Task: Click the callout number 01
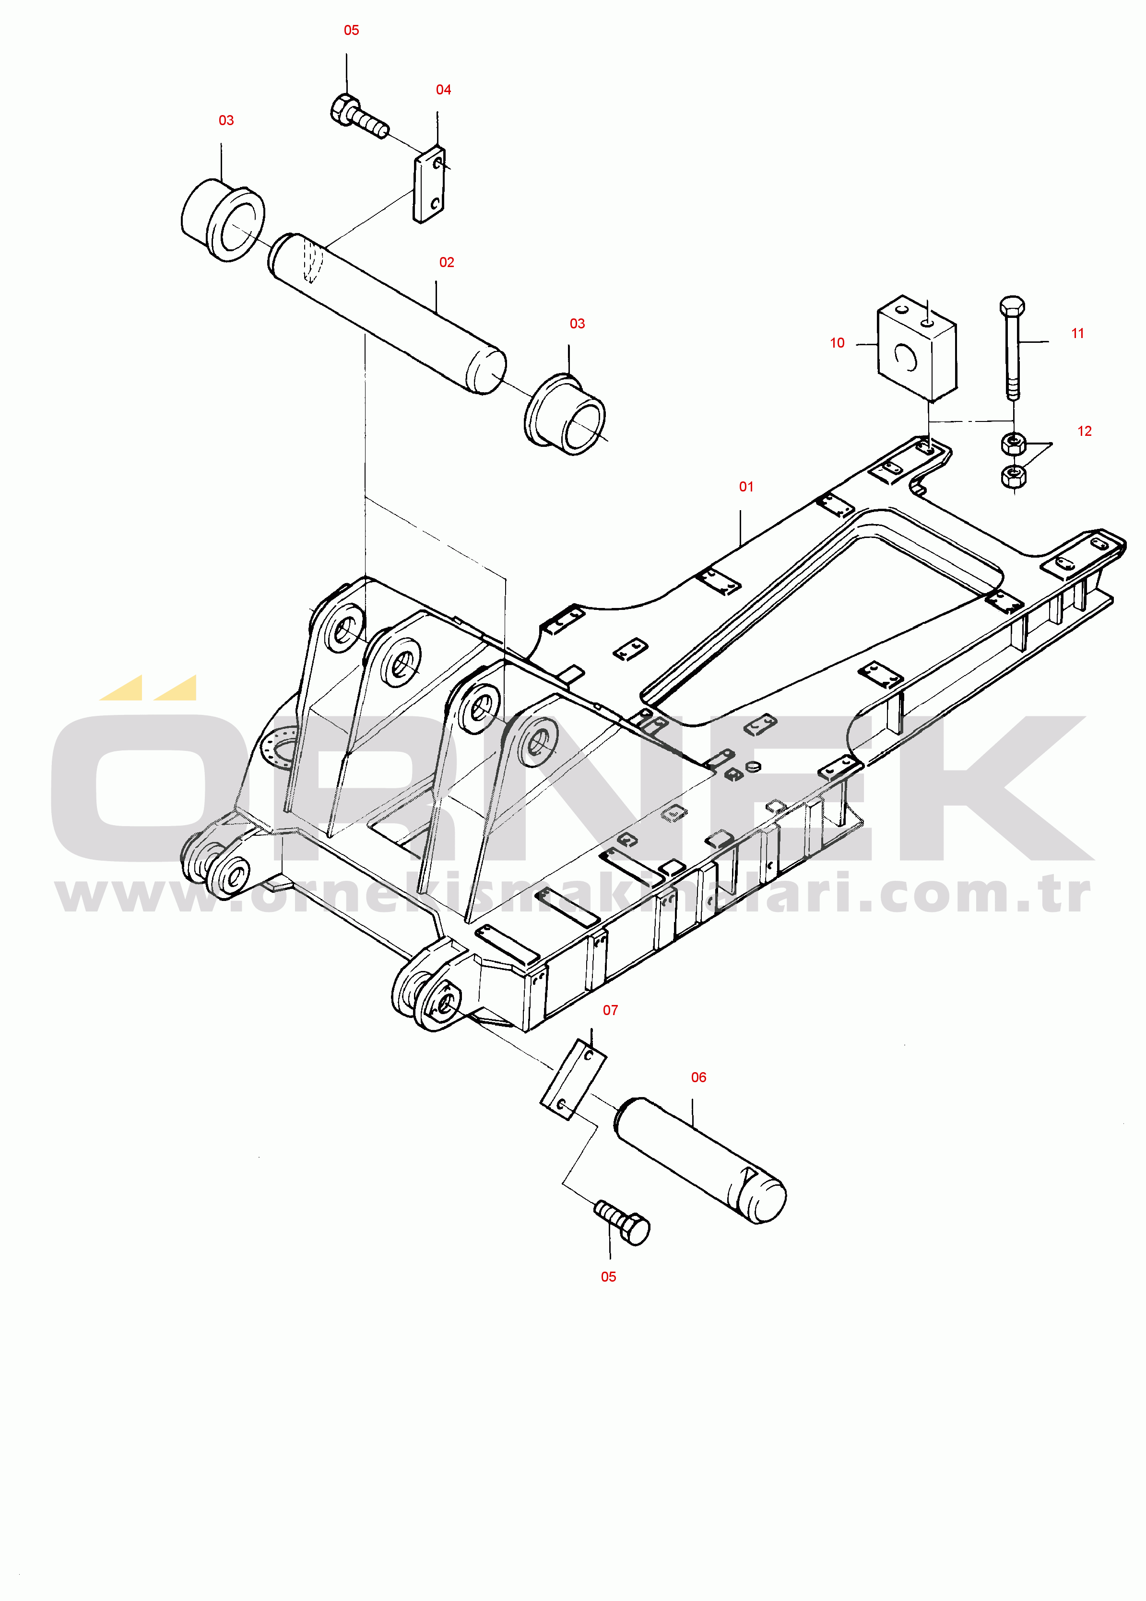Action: coord(746,487)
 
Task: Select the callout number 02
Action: coord(447,262)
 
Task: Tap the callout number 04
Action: coord(443,90)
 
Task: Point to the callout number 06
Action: coord(698,1077)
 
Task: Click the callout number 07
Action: coord(610,1010)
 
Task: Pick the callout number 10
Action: coord(837,343)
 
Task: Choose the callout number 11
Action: coord(1077,333)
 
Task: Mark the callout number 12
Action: coord(1085,431)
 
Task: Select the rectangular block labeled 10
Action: coord(917,348)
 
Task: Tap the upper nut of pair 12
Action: coord(1013,444)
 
